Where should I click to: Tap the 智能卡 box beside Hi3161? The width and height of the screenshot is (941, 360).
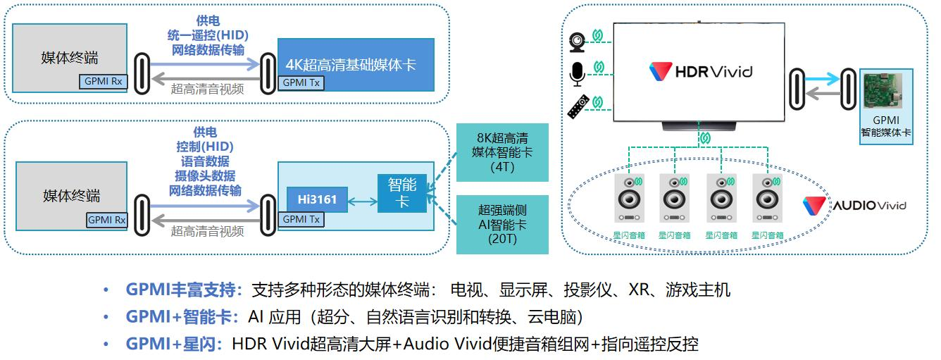point(402,192)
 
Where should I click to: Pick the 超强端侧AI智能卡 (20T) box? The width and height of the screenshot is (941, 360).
point(502,224)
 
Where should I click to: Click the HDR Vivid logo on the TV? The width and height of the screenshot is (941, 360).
point(700,71)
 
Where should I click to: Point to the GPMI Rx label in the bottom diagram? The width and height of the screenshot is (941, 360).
point(106,221)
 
